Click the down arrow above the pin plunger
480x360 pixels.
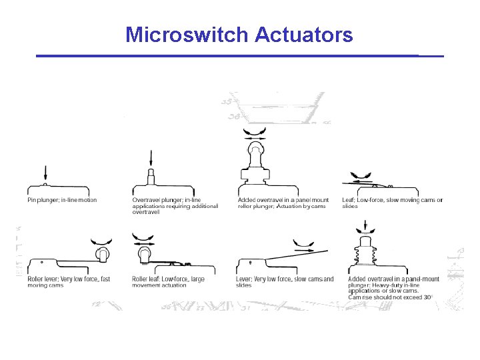point(45,172)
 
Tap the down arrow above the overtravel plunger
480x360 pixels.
point(151,159)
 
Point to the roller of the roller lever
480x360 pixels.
point(103,253)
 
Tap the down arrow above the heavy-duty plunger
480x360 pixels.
point(365,228)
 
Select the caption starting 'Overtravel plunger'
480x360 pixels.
point(175,206)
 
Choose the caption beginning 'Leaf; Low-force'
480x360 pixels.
point(392,203)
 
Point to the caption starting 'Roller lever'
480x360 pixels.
point(68,282)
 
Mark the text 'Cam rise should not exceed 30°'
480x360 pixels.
point(390,297)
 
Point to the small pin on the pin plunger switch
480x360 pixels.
point(45,183)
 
